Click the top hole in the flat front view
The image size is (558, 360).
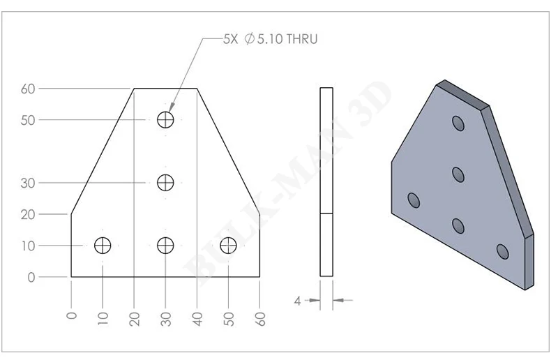tap(165, 119)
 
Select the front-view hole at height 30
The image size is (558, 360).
tap(165, 183)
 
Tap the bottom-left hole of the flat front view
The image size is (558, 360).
tap(103, 246)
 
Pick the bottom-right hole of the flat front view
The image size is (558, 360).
tap(228, 246)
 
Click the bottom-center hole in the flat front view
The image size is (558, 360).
tap(165, 246)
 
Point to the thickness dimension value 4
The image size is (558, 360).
tap(298, 301)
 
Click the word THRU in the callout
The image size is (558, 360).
tap(302, 39)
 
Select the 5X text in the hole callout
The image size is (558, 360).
tap(230, 39)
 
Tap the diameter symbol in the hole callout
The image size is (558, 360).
tap(250, 39)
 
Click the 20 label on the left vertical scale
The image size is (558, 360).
tap(28, 215)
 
